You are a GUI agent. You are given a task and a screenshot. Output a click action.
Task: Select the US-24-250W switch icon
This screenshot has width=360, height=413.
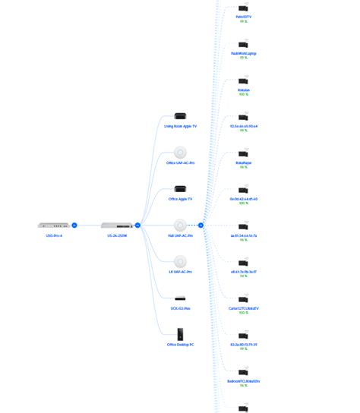pyautogui.click(x=116, y=225)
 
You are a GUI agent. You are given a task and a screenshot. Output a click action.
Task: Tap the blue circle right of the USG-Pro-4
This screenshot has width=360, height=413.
pyautogui.click(x=74, y=225)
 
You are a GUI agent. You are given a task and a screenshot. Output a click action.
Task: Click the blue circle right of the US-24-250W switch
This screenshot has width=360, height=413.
pyautogui.click(x=137, y=225)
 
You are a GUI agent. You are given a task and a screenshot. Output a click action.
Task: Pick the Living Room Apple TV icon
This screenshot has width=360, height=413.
pyautogui.click(x=180, y=116)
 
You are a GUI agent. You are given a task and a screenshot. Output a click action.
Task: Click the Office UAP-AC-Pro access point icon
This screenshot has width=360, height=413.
pyautogui.click(x=180, y=152)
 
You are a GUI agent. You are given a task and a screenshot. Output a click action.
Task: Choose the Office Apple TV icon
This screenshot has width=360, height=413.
pyautogui.click(x=180, y=188)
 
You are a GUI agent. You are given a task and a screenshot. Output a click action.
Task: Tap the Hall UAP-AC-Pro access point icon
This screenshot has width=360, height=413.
pyautogui.click(x=180, y=225)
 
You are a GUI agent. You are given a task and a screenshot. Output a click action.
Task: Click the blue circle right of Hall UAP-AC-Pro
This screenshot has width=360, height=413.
pyautogui.click(x=201, y=225)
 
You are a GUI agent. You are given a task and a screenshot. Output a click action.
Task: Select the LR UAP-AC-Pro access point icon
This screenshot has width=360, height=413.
pyautogui.click(x=180, y=261)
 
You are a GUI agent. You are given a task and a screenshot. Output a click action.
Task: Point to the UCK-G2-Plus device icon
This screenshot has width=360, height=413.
pyautogui.click(x=180, y=298)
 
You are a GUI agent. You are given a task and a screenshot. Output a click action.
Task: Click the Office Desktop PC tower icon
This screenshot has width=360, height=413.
pyautogui.click(x=180, y=334)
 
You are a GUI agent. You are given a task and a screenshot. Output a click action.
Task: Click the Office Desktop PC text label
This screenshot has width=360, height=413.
pyautogui.click(x=180, y=345)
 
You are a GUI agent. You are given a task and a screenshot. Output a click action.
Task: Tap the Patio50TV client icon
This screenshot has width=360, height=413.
pyautogui.click(x=243, y=8)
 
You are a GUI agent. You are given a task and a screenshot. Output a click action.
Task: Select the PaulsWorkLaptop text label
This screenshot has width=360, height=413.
pyautogui.click(x=243, y=53)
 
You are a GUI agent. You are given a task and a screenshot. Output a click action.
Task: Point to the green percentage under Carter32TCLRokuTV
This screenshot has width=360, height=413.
pyautogui.click(x=243, y=313)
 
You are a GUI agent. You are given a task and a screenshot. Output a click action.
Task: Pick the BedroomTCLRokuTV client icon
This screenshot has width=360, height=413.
pyautogui.click(x=243, y=372)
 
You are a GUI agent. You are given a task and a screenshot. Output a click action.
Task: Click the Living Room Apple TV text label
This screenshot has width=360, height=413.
pyautogui.click(x=180, y=126)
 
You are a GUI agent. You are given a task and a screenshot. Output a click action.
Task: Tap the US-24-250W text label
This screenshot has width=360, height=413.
pyautogui.click(x=116, y=235)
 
